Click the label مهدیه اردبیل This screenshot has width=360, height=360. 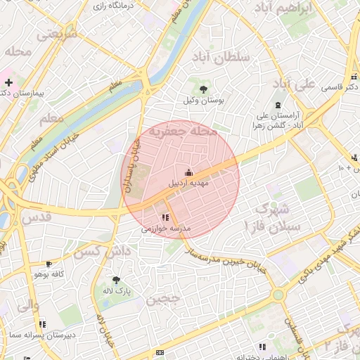pyautogui.click(x=188, y=184)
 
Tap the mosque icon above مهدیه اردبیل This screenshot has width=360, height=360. pyautogui.click(x=188, y=172)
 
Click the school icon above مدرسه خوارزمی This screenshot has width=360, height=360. pyautogui.click(x=165, y=218)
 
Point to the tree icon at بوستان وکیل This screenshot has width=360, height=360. pyautogui.click(x=203, y=89)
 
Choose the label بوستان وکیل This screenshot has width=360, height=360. pyautogui.click(x=202, y=101)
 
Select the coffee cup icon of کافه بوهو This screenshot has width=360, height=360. pyautogui.click(x=48, y=264)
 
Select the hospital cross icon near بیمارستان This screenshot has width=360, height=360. pyautogui.click(x=8, y=83)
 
